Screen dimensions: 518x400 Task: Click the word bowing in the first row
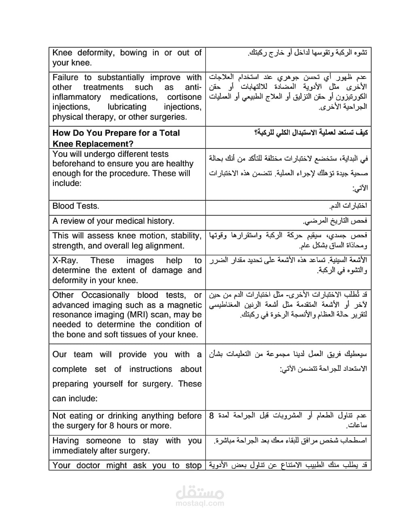pos(133,53)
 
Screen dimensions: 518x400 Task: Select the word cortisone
pos(184,97)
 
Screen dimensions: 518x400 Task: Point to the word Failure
pos(65,77)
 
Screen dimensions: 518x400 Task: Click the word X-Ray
pos(65,261)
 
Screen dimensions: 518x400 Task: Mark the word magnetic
pos(184,305)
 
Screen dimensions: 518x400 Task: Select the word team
pos(83,355)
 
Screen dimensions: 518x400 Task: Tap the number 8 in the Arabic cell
pos(212,416)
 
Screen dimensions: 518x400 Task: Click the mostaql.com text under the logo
pos(200,503)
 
